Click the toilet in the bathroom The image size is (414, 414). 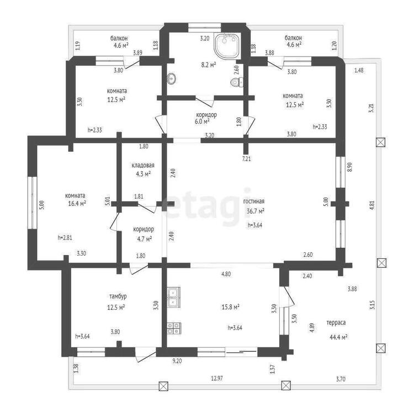click(x=237, y=82)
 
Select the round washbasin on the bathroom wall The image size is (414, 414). click(x=172, y=78)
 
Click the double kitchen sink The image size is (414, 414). click(x=173, y=298)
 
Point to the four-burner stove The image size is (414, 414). click(x=174, y=328)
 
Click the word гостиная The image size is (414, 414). click(x=254, y=201)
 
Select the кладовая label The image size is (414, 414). click(x=143, y=166)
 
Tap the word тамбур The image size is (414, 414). click(x=118, y=296)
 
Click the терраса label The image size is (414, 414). click(x=336, y=323)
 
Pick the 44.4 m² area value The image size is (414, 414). click(x=338, y=337)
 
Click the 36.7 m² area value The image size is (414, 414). click(x=256, y=211)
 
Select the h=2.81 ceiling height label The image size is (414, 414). click(x=65, y=237)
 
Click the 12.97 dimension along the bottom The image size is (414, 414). click(x=217, y=378)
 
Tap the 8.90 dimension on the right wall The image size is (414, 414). click(x=350, y=167)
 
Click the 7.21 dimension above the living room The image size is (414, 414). click(x=246, y=158)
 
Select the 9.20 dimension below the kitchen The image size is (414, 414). click(x=177, y=361)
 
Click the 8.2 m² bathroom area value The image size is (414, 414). click(x=209, y=65)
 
